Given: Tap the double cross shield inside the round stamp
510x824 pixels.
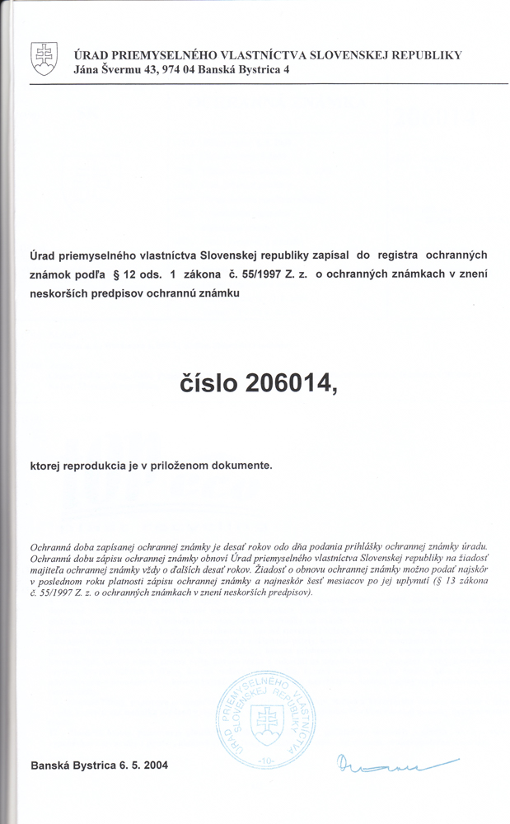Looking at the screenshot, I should [x=266, y=723].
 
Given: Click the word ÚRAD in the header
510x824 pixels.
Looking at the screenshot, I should [x=91, y=55].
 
